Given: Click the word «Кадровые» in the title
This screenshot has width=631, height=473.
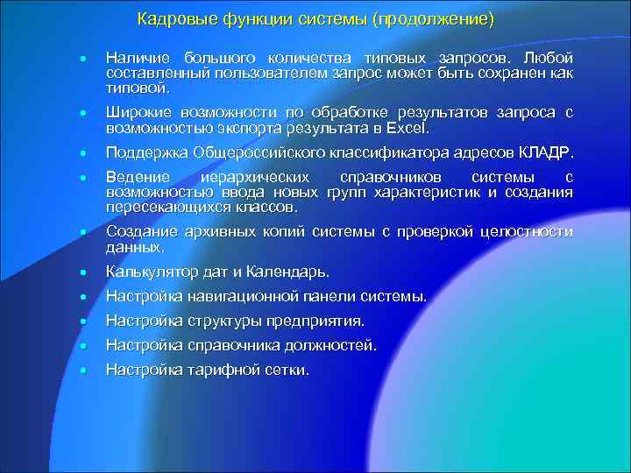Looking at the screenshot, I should point(172,19).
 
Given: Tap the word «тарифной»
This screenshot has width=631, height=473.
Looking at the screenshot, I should point(223,370).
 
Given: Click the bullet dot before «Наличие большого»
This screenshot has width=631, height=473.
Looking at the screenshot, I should point(81,59).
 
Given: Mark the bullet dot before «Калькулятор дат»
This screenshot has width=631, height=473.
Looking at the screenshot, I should point(81,272).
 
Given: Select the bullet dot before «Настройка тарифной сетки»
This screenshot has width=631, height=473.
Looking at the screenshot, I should point(81,371).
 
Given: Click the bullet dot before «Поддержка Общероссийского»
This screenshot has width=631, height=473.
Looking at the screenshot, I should point(81,154).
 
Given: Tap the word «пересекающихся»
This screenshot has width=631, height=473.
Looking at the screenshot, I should point(163,208).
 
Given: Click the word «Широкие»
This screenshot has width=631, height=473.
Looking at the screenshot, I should point(138,112).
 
